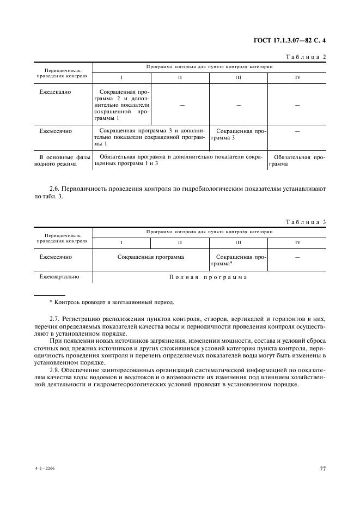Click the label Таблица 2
click(x=306, y=57)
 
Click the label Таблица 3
click(x=306, y=222)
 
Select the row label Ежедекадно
click(x=56, y=92)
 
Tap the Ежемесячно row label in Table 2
click(x=56, y=131)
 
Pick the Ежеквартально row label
click(x=59, y=277)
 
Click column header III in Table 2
click(x=239, y=77)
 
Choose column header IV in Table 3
click(x=297, y=242)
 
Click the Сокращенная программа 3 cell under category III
click(x=239, y=135)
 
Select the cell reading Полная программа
click(x=209, y=277)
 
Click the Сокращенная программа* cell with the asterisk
click(x=239, y=259)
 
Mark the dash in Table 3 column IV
click(x=297, y=256)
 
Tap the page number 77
click(x=322, y=468)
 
